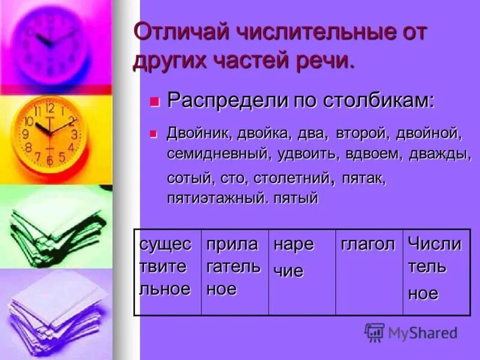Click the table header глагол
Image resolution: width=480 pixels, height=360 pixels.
point(368,245)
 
